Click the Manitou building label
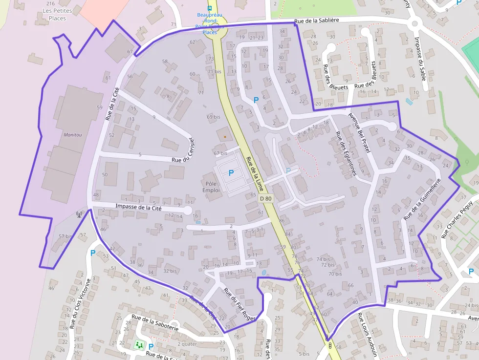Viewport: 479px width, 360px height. (x=72, y=134)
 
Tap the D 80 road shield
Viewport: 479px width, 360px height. (x=265, y=199)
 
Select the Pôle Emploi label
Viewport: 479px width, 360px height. (x=211, y=187)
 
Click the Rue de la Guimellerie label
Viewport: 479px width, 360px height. (x=423, y=198)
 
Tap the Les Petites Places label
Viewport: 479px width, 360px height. (x=58, y=14)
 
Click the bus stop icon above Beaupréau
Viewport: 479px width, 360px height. (x=210, y=8)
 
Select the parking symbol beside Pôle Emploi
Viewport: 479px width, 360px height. (x=231, y=172)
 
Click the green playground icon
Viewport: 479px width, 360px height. (x=139, y=345)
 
